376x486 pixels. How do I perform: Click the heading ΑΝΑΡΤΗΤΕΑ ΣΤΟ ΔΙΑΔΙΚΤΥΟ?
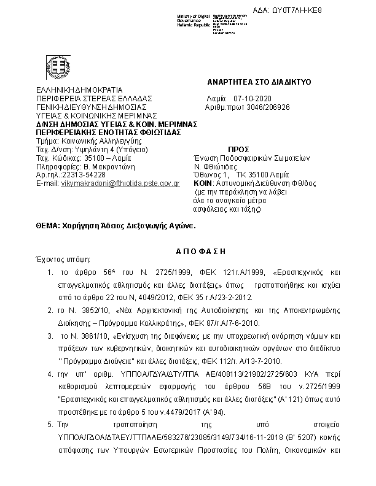pyautogui.click(x=259, y=82)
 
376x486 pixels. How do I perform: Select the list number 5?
pyautogui.click(x=50, y=424)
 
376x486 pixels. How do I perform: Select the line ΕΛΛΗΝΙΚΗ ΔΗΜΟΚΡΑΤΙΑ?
pyautogui.click(x=79, y=90)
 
